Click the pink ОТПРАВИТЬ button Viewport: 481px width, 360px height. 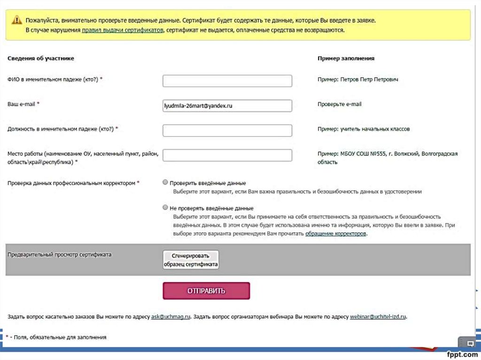(x=206, y=291)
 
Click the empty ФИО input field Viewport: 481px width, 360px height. (x=227, y=81)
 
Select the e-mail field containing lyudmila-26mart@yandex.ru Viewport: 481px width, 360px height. (x=227, y=106)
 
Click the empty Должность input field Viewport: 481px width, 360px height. (x=227, y=130)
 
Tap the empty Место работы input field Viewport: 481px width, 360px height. (x=227, y=155)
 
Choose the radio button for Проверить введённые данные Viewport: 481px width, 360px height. (x=165, y=182)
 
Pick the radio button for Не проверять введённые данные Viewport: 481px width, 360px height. (x=165, y=207)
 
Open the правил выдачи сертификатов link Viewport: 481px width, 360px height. (x=122, y=30)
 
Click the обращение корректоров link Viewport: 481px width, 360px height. (x=335, y=233)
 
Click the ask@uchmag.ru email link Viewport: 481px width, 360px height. (x=171, y=317)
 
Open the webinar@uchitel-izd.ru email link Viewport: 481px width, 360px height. (x=378, y=317)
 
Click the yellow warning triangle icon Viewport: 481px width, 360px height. (x=17, y=20)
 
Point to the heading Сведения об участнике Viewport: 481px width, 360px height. (x=41, y=58)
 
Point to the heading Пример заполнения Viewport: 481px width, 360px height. (x=346, y=58)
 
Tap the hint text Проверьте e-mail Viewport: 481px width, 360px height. (x=340, y=104)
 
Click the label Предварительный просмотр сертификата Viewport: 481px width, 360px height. (x=60, y=254)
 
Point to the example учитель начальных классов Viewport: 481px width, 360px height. (x=375, y=129)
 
